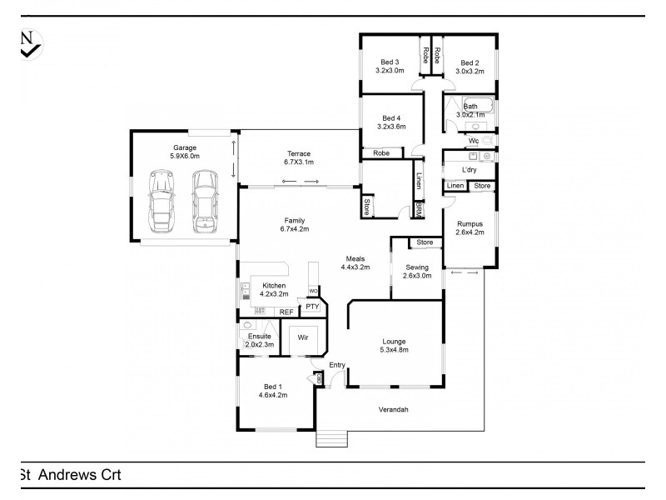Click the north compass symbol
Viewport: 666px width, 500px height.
pyautogui.click(x=28, y=43)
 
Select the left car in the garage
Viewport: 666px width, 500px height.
pyautogui.click(x=161, y=201)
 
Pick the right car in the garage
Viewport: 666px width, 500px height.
pyautogui.click(x=203, y=201)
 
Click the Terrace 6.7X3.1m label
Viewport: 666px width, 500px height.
pyautogui.click(x=298, y=158)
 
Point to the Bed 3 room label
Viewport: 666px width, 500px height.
pyautogui.click(x=390, y=67)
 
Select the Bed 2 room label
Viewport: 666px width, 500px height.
pyautogui.click(x=470, y=67)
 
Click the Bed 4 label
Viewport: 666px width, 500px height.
pyautogui.click(x=391, y=122)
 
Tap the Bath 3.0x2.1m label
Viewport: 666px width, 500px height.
pyautogui.click(x=470, y=111)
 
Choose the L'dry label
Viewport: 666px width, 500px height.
pyautogui.click(x=469, y=170)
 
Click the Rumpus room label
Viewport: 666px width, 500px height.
pyautogui.click(x=470, y=228)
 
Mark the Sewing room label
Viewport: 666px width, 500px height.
pyautogui.click(x=416, y=271)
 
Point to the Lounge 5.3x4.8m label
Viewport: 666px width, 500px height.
pyautogui.click(x=395, y=344)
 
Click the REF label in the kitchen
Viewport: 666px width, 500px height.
pyautogui.click(x=286, y=312)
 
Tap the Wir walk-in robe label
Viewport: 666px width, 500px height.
pyautogui.click(x=304, y=339)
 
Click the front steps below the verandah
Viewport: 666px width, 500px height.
pyautogui.click(x=331, y=437)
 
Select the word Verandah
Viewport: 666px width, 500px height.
pyautogui.click(x=395, y=410)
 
